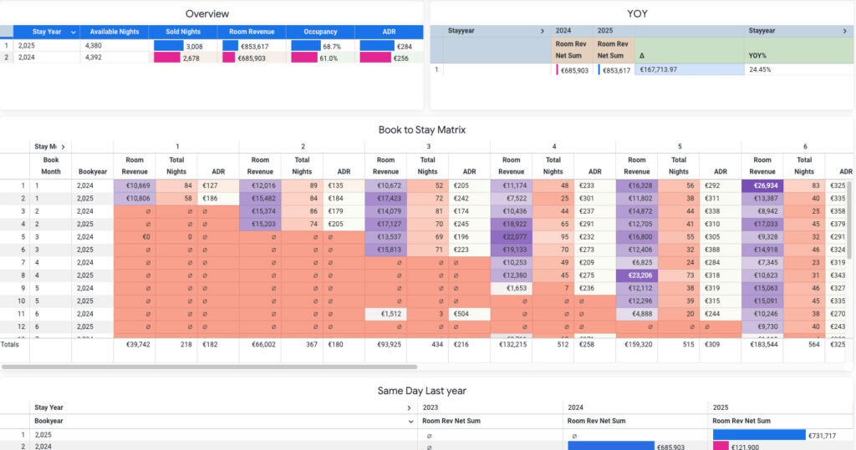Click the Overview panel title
[x=207, y=13]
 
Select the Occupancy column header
[x=319, y=32]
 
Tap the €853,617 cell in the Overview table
[x=252, y=46]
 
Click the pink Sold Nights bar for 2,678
[x=167, y=58]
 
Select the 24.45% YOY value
[x=760, y=69]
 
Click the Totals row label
[x=10, y=343]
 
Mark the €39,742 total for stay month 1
[x=135, y=343]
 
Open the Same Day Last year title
[x=421, y=391]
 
